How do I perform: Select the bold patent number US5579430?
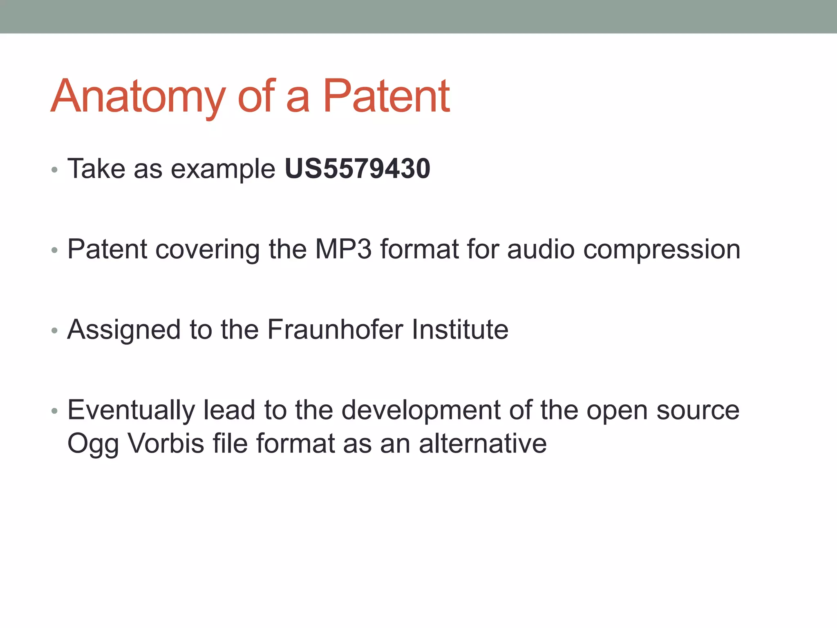357,168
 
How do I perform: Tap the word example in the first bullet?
223,168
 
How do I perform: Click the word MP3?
343,249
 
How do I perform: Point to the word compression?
662,249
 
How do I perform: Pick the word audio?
541,249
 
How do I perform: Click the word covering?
208,249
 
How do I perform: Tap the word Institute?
460,329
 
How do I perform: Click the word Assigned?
124,329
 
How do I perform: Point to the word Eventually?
131,410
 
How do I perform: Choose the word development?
421,410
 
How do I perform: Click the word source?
698,410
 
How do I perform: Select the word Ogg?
93,444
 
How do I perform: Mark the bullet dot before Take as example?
54,170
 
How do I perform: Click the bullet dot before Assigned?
54,330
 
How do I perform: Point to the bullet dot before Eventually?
54,411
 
